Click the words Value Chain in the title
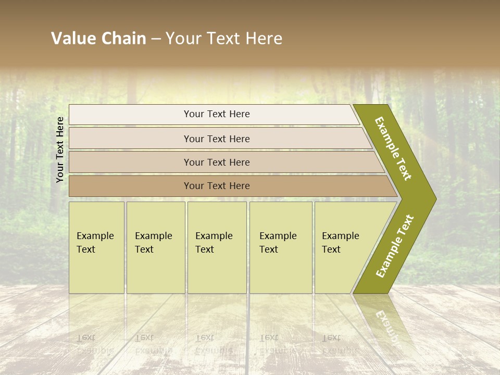click(x=98, y=39)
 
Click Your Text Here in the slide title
click(x=224, y=39)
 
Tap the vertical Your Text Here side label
click(x=60, y=149)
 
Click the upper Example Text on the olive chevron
click(x=394, y=148)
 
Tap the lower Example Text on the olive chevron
click(x=395, y=246)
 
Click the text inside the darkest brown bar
click(x=217, y=186)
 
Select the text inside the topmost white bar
click(x=217, y=114)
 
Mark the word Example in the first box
click(x=95, y=236)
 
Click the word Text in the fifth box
click(x=331, y=249)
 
